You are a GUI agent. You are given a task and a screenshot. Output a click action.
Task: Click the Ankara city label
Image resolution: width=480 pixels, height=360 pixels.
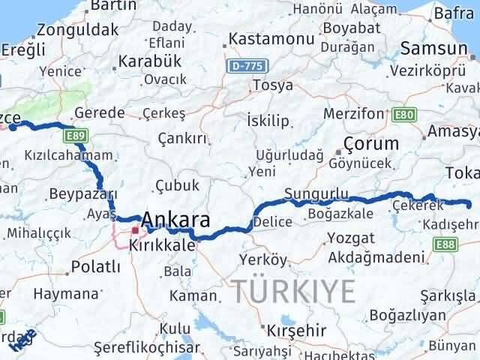point(175,219)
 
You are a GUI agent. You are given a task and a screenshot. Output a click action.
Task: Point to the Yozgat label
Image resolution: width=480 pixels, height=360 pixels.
point(351,238)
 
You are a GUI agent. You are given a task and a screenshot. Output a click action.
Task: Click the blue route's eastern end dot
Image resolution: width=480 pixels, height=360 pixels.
point(468,204)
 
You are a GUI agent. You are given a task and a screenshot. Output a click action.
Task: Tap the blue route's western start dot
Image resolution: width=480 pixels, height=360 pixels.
point(13,127)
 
